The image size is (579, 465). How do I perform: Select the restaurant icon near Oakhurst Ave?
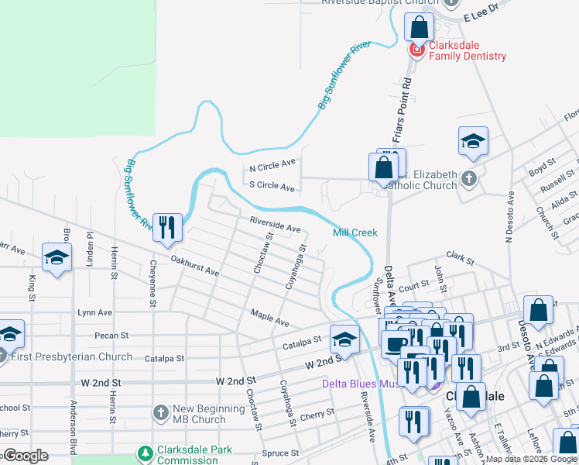(x=167, y=227)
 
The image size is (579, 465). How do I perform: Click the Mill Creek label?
(x=355, y=232)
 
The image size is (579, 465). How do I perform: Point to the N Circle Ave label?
(x=272, y=165)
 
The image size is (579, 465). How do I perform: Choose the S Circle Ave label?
(x=272, y=187)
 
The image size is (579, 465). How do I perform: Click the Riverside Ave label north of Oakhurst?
(x=275, y=225)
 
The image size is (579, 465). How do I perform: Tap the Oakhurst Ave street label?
(x=195, y=267)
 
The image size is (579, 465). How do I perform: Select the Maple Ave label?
(x=269, y=317)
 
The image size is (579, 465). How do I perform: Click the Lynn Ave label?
(x=94, y=313)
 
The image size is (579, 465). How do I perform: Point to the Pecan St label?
(x=111, y=336)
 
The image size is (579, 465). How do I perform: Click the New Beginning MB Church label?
(x=199, y=415)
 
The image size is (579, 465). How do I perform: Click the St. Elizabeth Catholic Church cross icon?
(x=468, y=179)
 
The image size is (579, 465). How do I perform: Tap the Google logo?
(x=25, y=456)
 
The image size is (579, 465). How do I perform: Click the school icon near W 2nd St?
(x=344, y=339)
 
